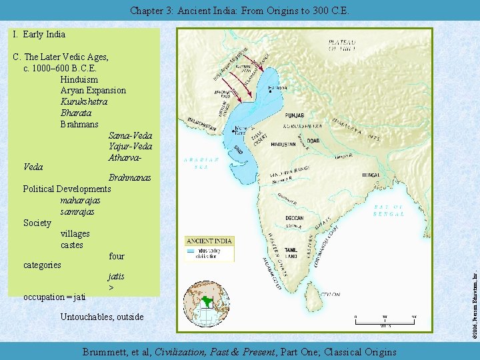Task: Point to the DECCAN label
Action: coord(294,218)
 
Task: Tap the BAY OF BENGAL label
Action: coord(389,211)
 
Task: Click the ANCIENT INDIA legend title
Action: coord(210,241)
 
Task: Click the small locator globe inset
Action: coord(205,303)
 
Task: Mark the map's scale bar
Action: coord(386,321)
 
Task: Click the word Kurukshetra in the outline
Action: coord(84,101)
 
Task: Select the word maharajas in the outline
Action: coord(80,200)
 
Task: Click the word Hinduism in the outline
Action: coord(79,79)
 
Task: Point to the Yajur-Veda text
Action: coord(130,147)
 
